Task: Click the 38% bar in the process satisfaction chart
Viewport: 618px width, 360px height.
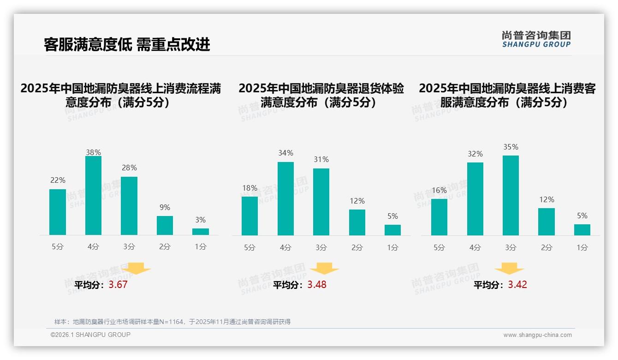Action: pos(93,196)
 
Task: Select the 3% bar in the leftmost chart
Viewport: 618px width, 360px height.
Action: pos(201,232)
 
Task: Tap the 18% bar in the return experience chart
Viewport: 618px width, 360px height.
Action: pos(250,216)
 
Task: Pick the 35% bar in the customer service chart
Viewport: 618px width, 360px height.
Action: pos(511,196)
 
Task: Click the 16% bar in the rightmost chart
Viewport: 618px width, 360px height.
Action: pos(439,217)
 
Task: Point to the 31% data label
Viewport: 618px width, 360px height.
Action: pos(321,160)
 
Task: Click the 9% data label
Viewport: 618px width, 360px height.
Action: pos(165,208)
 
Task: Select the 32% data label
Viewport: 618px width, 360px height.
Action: pos(475,154)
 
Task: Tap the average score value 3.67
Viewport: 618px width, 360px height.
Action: pos(118,285)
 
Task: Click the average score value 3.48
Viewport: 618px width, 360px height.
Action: pos(317,285)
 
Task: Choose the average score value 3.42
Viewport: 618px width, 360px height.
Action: pos(517,285)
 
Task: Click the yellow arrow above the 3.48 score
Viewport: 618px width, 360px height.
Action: pos(324,269)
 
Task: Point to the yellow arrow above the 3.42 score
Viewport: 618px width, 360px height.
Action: pos(509,269)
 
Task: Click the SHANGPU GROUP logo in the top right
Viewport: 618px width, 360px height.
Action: pos(536,39)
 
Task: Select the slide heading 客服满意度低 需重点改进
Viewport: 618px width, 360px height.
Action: pos(127,44)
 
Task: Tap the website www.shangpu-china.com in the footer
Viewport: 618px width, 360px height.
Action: pos(537,335)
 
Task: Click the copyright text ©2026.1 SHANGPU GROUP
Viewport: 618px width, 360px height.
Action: pos(90,335)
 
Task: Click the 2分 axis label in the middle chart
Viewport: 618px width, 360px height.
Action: pos(357,247)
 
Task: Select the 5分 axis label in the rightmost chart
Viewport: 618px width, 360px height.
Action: pos(439,247)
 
